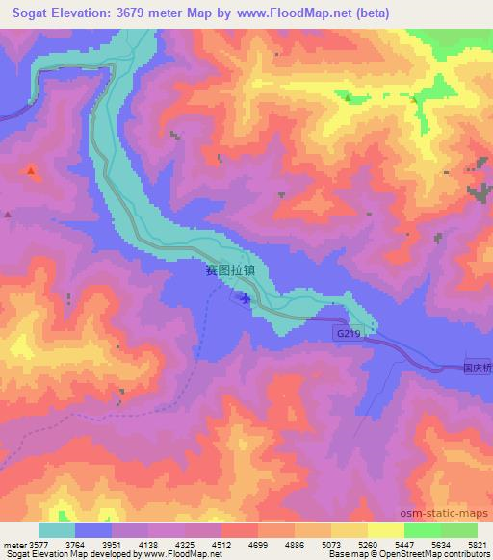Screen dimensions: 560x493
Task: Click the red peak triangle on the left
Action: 32,171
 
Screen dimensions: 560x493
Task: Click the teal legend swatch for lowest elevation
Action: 57,530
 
